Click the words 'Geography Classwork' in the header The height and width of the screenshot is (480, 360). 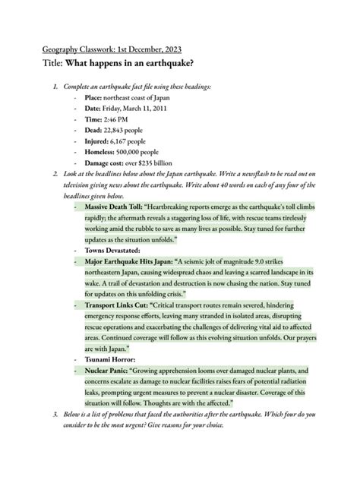pyautogui.click(x=80, y=50)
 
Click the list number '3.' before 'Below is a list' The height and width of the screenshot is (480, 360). pyautogui.click(x=55, y=415)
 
